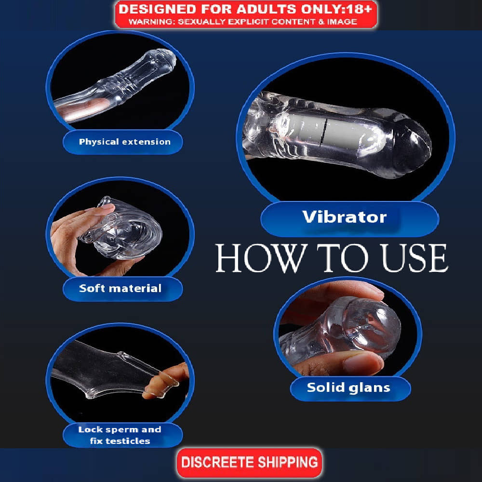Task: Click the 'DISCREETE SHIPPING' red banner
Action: click(249, 462)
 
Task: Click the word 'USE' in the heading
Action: click(414, 258)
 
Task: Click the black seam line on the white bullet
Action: click(323, 132)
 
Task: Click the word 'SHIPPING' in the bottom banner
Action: click(287, 462)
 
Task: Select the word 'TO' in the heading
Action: click(343, 258)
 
